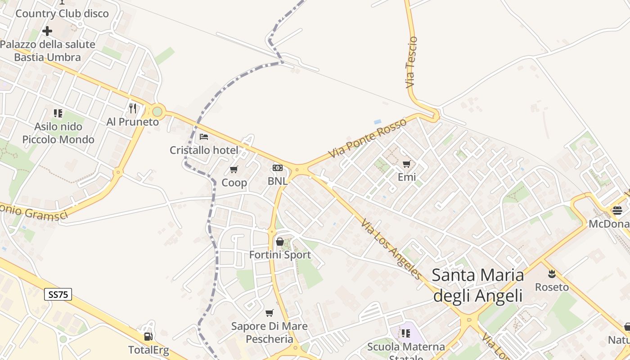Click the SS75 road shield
click(58, 295)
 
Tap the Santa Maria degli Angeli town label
click(478, 285)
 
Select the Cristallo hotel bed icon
click(204, 137)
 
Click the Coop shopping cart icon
click(234, 169)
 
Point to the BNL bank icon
click(278, 168)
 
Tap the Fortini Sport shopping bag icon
click(280, 242)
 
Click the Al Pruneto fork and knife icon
click(132, 108)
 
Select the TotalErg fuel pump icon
click(148, 336)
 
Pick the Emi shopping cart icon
click(407, 164)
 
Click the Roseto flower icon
click(552, 274)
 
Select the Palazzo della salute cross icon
click(47, 31)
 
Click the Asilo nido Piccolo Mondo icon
click(58, 113)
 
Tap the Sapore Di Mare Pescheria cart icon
click(269, 313)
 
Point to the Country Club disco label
click(62, 13)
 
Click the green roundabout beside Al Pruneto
click(157, 111)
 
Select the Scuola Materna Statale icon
click(406, 333)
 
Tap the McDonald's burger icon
click(617, 210)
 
